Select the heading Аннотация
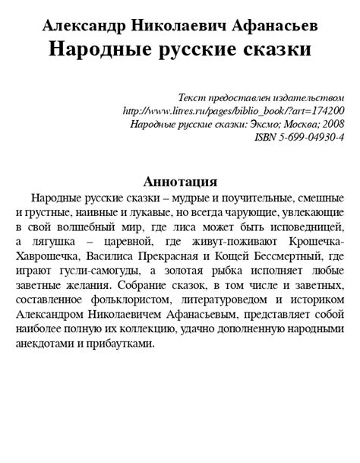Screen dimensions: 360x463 coord(181,182)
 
